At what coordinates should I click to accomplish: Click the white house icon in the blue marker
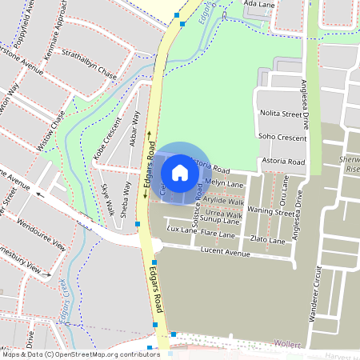point(180,172)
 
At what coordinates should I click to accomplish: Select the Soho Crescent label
point(282,138)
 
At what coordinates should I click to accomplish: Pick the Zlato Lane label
point(267,240)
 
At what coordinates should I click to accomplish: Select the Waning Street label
point(271,213)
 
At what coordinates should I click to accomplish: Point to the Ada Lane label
point(258,4)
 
